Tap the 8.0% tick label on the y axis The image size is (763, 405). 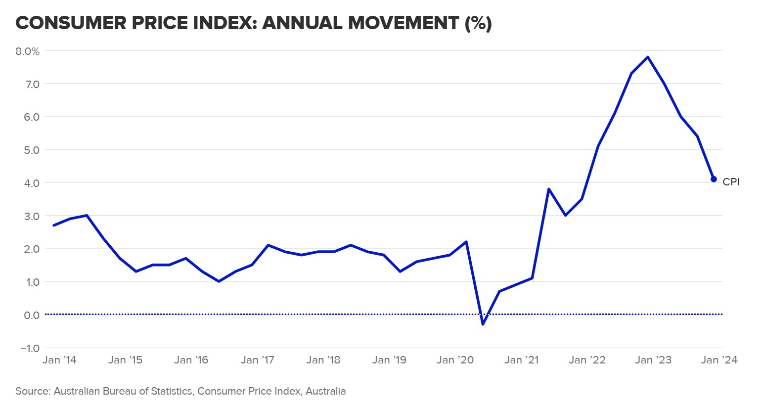(27, 51)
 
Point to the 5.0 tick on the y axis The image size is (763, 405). (30, 150)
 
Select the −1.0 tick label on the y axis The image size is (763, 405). (30, 348)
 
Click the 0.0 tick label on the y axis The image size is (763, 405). (30, 315)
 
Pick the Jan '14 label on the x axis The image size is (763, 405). (59, 360)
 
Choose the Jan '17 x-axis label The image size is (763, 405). (257, 360)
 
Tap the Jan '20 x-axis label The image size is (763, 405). (455, 360)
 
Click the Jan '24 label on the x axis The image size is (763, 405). (719, 360)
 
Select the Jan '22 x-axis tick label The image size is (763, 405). (587, 360)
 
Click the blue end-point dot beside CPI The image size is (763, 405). (714, 179)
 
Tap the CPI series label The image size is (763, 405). (731, 182)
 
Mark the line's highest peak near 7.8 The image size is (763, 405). (648, 57)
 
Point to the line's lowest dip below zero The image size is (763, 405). (483, 324)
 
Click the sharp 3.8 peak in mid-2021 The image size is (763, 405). (549, 189)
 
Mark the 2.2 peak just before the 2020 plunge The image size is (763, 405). (466, 242)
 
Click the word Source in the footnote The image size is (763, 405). (32, 392)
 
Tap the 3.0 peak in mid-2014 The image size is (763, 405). (87, 215)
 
